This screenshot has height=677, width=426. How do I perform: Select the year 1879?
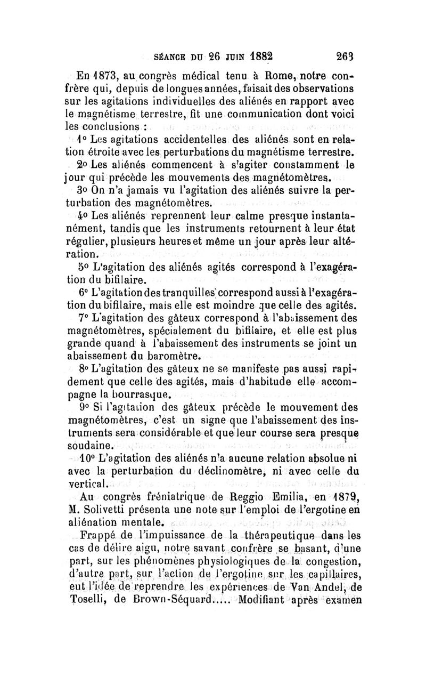point(346,498)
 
